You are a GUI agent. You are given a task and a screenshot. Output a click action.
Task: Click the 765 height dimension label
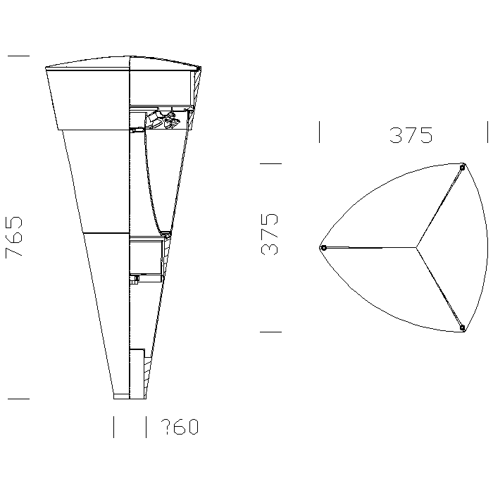[x=14, y=237]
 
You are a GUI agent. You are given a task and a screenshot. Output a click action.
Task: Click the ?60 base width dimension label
[x=180, y=427]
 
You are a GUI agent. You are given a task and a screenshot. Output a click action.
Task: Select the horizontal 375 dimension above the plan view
[x=411, y=135]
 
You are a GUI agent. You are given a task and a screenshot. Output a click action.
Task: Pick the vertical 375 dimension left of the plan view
[x=270, y=235]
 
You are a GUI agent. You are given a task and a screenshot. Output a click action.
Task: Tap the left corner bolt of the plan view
[x=323, y=248]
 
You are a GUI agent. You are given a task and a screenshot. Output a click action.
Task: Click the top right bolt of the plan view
[x=462, y=168]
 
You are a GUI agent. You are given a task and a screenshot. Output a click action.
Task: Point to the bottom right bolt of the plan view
[x=462, y=328]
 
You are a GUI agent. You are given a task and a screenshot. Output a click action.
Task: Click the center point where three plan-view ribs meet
[x=416, y=248]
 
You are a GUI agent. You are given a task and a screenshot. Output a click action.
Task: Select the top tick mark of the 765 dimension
[x=18, y=56]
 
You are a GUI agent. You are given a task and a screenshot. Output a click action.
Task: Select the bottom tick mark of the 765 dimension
[x=18, y=399]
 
